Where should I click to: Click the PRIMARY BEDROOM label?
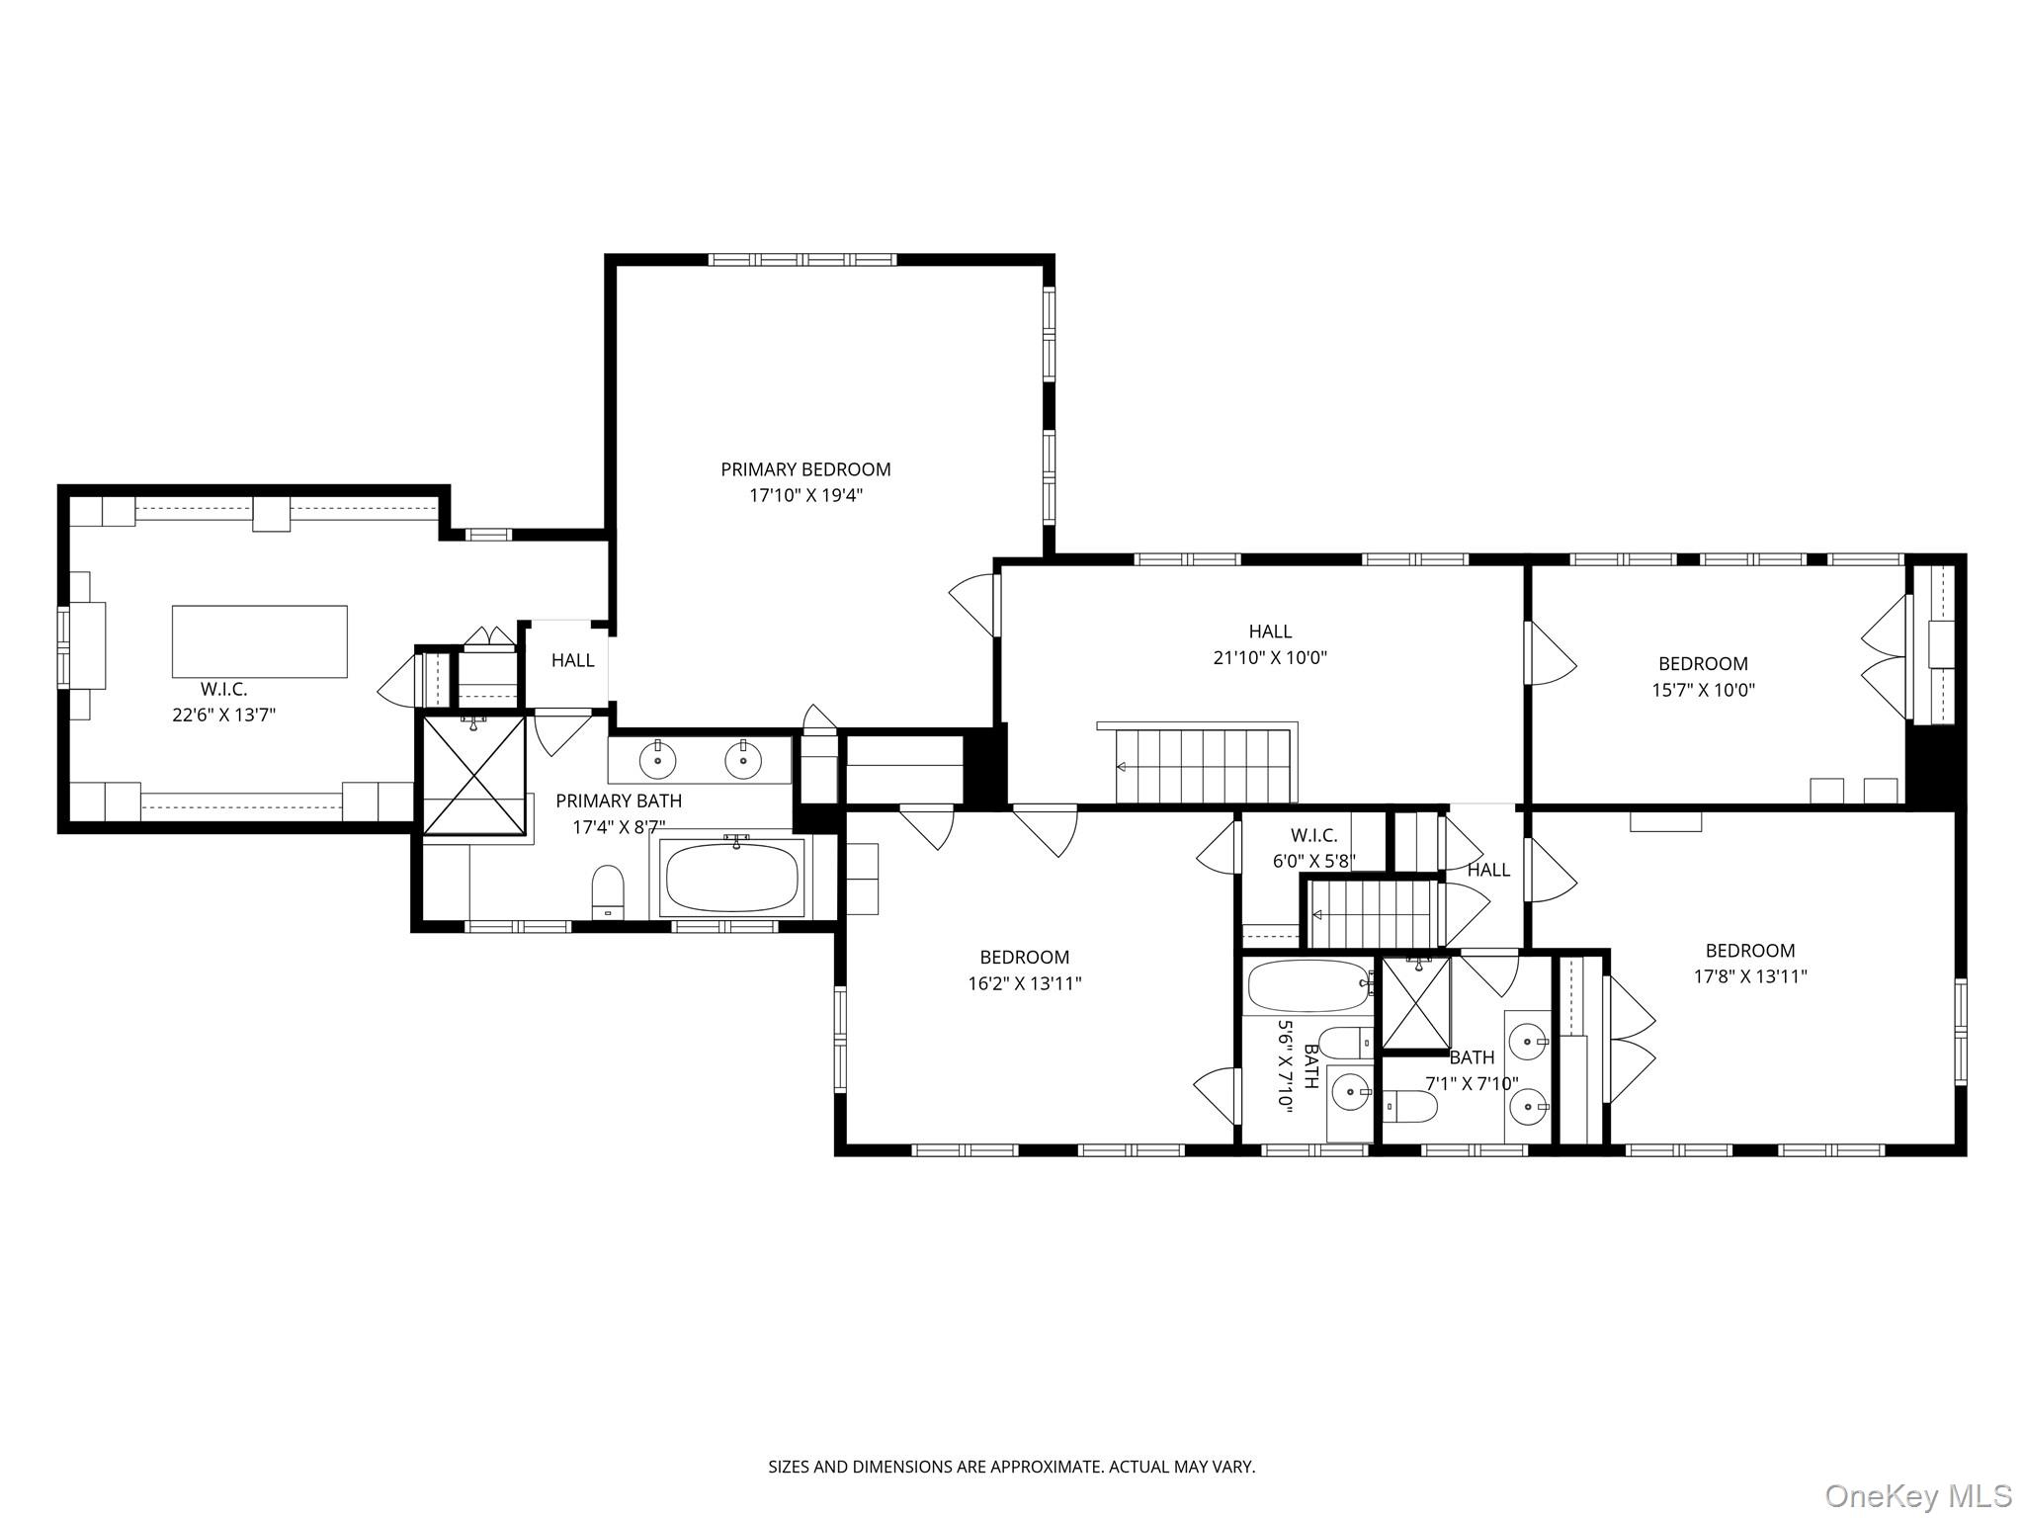(805, 469)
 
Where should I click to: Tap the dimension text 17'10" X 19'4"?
(805, 495)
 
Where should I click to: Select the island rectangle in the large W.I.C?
(260, 641)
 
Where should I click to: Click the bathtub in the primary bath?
(732, 878)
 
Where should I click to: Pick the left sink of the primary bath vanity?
(657, 760)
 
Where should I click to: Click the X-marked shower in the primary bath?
(473, 776)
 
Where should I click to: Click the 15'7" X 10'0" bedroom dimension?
(1703, 690)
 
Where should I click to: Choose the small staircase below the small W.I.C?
(1372, 914)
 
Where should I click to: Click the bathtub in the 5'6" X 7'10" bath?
(1307, 985)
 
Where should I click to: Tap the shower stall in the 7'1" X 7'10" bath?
(1415, 1003)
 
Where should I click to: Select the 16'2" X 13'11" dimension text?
(1025, 983)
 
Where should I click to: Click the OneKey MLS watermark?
(1917, 1495)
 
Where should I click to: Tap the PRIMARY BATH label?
(619, 801)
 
